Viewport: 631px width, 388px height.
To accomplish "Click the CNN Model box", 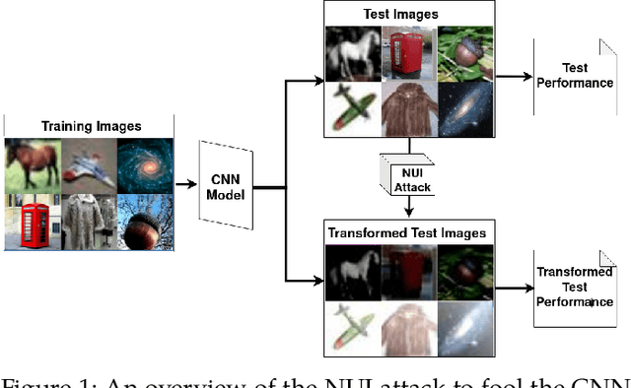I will [228, 184].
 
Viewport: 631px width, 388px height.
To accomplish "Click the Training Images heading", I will [90, 126].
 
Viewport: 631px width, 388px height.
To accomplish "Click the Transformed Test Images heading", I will [406, 233].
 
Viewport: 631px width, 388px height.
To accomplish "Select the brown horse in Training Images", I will [32, 163].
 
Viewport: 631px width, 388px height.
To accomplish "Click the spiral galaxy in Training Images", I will [145, 163].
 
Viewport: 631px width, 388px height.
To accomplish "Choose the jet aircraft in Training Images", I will [89, 163].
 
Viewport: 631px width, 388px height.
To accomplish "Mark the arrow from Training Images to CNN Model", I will [186, 184].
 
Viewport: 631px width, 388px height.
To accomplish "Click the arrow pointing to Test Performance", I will [512, 76].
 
